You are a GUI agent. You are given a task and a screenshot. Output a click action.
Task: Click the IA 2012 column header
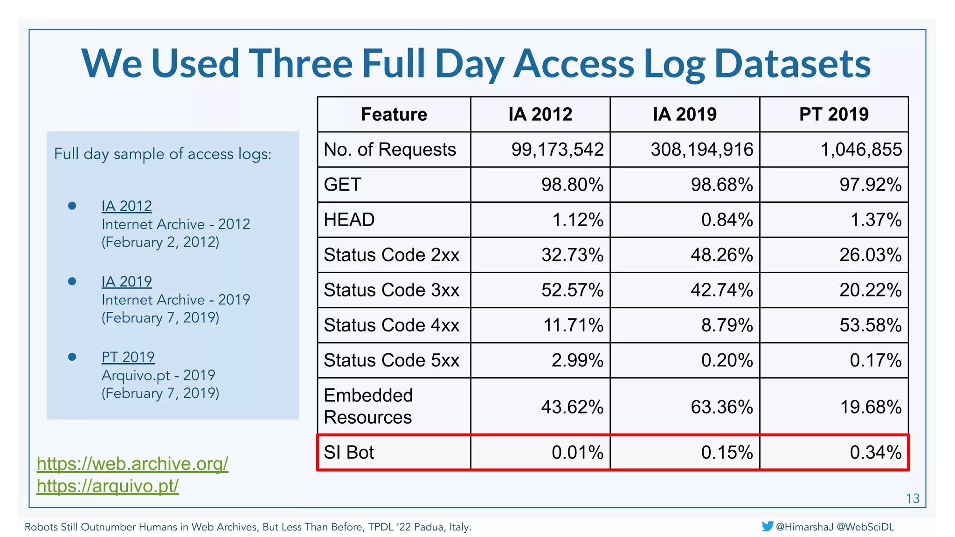click(x=540, y=114)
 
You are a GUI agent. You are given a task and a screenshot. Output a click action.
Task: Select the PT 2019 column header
click(x=834, y=114)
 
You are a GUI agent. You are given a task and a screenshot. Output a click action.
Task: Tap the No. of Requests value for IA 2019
click(x=702, y=150)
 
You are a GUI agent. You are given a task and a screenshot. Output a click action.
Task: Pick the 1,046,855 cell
click(x=861, y=150)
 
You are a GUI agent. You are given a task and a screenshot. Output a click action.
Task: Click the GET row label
click(x=343, y=185)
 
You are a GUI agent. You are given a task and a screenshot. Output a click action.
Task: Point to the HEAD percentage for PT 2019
click(x=876, y=220)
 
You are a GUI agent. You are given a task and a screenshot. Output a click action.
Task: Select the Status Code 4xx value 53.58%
click(x=870, y=325)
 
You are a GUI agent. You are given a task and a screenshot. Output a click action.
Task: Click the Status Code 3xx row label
click(x=392, y=290)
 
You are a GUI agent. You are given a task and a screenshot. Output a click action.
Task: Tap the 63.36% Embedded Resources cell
click(x=721, y=407)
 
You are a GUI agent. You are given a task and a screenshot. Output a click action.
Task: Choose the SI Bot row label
click(x=349, y=453)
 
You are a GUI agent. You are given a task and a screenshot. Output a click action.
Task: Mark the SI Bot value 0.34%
click(x=875, y=453)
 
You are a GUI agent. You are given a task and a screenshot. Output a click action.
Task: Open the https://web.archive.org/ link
click(x=132, y=464)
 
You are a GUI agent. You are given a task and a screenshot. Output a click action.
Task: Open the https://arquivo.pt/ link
click(x=108, y=486)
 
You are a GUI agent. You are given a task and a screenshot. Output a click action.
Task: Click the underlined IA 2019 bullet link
click(x=127, y=282)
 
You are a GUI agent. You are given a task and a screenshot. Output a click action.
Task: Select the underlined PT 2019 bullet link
click(x=128, y=357)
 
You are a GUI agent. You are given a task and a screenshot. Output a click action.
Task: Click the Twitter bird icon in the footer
click(x=768, y=526)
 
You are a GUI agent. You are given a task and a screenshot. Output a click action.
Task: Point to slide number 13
click(x=913, y=499)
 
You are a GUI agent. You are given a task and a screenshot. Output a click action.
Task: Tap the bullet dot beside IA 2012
click(x=72, y=206)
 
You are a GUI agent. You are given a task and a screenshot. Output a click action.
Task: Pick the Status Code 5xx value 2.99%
click(x=577, y=360)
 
